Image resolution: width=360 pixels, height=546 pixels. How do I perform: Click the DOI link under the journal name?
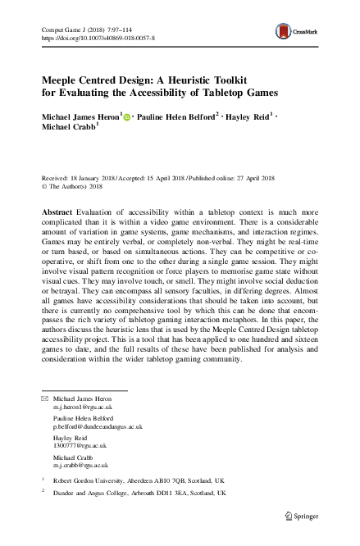click(98, 38)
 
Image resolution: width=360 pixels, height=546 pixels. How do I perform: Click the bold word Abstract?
click(57, 212)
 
